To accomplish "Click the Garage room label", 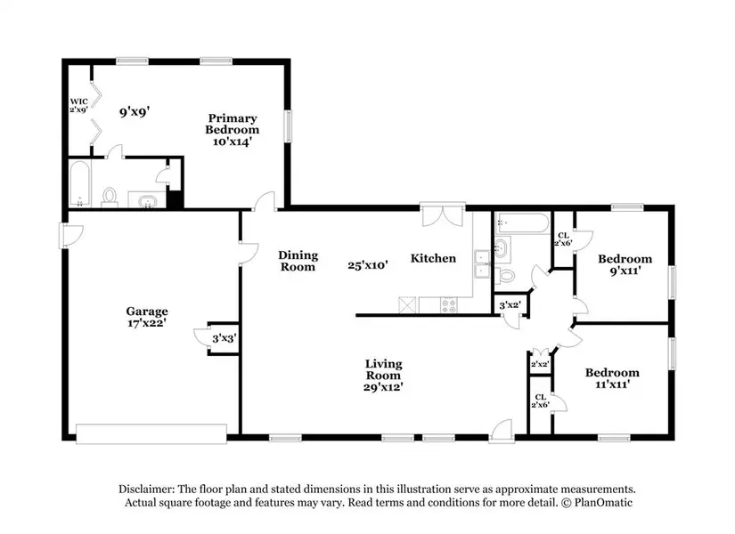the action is click(147, 311).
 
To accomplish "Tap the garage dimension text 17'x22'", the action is click(147, 323).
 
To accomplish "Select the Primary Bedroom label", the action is click(232, 124).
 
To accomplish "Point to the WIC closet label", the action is click(78, 101).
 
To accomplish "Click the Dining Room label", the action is click(298, 261).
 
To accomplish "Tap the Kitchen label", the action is click(433, 258).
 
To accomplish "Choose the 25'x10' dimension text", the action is click(367, 265).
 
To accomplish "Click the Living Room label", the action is click(383, 369).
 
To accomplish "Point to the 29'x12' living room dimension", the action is click(383, 387).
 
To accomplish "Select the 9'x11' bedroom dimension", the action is click(625, 271).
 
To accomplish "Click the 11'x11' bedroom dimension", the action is click(612, 384).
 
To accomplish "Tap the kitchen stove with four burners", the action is click(449, 305).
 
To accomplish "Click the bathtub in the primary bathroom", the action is click(79, 183).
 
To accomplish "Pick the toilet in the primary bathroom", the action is click(110, 198).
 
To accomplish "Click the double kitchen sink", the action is click(481, 264).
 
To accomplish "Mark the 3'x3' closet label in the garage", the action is click(224, 338).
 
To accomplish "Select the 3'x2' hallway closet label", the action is click(510, 305).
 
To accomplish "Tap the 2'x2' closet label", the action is click(540, 364).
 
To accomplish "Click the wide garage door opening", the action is click(151, 433).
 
